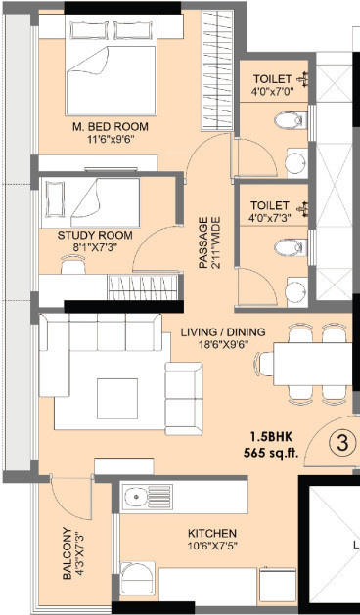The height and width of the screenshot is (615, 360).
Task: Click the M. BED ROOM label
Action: [111, 127]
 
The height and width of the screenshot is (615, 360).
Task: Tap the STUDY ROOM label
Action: [95, 236]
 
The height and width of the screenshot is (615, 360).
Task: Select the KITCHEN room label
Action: [212, 534]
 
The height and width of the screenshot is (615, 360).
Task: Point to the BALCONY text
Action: [67, 553]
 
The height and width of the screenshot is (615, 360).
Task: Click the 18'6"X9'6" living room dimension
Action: [223, 344]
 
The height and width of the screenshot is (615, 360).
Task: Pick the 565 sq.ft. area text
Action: [271, 454]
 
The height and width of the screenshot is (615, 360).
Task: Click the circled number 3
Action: [342, 444]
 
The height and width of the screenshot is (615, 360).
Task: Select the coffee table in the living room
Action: [117, 399]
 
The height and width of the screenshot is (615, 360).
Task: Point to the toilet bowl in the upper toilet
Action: [291, 120]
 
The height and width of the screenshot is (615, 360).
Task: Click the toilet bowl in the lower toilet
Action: [291, 247]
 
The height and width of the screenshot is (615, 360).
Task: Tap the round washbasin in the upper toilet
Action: [295, 163]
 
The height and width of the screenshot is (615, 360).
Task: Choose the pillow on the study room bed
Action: [55, 198]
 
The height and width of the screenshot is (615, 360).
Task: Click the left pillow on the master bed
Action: [89, 29]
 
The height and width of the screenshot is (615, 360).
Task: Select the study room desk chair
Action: [73, 264]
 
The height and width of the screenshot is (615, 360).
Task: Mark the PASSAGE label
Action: [203, 243]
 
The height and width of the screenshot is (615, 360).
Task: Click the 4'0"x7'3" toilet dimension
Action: [269, 218]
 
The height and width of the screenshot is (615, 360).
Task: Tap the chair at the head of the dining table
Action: [264, 364]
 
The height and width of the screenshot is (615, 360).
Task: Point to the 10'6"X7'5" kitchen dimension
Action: [212, 546]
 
